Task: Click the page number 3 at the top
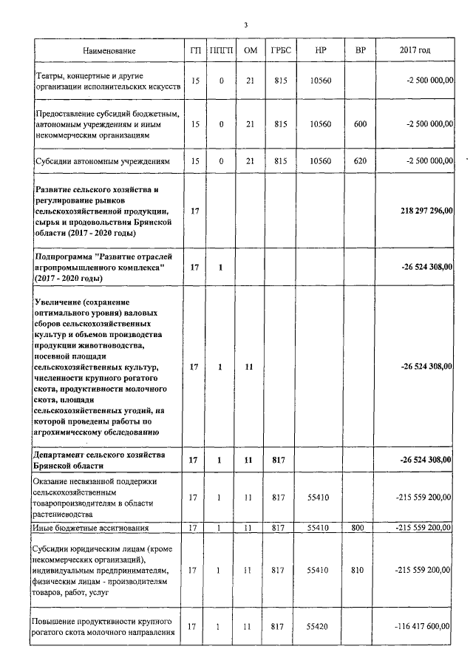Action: click(x=245, y=26)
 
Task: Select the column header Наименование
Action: click(x=109, y=50)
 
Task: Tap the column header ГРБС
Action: click(x=280, y=50)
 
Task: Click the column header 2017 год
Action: click(x=415, y=50)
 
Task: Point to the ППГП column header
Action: click(x=220, y=50)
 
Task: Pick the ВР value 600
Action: click(x=360, y=123)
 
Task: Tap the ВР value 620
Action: click(x=360, y=160)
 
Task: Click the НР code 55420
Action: click(x=320, y=627)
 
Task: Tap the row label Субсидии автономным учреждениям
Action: click(x=103, y=160)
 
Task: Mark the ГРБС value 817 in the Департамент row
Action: click(x=280, y=460)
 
